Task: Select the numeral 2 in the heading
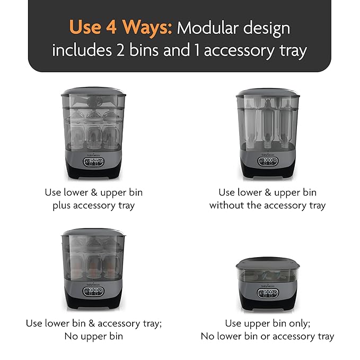point(120,50)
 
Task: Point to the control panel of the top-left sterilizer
point(93,162)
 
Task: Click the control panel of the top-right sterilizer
point(268,161)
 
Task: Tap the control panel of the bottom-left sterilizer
point(93,292)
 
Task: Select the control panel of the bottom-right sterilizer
point(268,294)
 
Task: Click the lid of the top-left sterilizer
point(93,92)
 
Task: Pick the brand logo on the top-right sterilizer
point(268,155)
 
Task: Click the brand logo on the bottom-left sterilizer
point(93,285)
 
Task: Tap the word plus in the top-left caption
point(62,206)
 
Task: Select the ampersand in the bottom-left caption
point(92,323)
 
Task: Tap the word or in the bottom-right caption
point(266,337)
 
